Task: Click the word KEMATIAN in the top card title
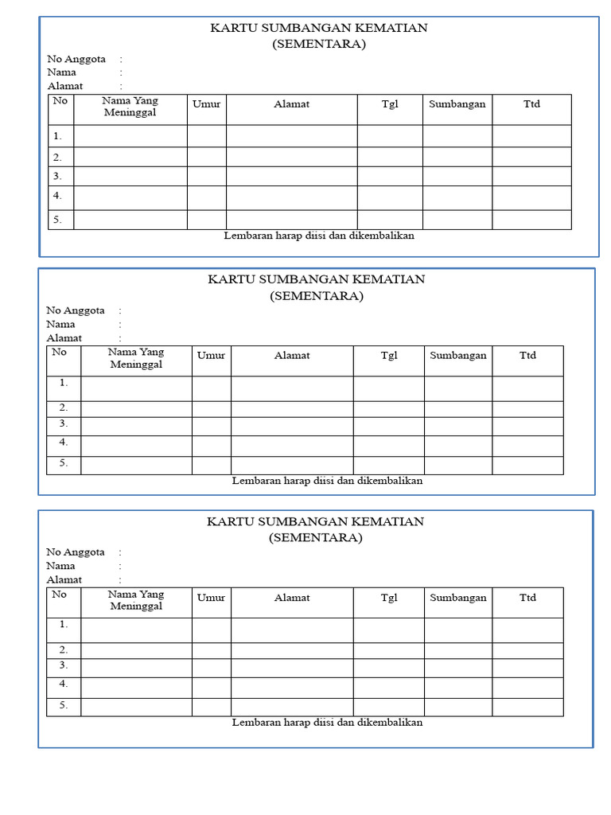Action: click(x=390, y=29)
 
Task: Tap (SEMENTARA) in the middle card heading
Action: click(x=316, y=296)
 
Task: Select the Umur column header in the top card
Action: click(x=206, y=104)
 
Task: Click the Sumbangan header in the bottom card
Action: click(x=457, y=598)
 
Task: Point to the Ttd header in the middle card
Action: click(x=527, y=356)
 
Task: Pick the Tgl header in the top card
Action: click(x=389, y=104)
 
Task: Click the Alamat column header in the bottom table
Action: click(x=292, y=598)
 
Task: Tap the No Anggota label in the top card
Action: click(x=75, y=59)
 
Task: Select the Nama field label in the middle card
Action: click(x=60, y=324)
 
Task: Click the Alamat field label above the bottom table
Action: click(x=64, y=579)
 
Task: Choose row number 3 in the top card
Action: click(x=57, y=176)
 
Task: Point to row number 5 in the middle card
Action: click(x=63, y=462)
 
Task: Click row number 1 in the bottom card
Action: click(x=63, y=625)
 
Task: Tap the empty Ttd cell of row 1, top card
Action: click(x=531, y=136)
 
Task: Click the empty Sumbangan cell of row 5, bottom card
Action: click(x=457, y=707)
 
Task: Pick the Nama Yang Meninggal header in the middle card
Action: click(x=135, y=357)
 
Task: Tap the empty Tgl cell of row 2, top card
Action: click(x=389, y=157)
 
